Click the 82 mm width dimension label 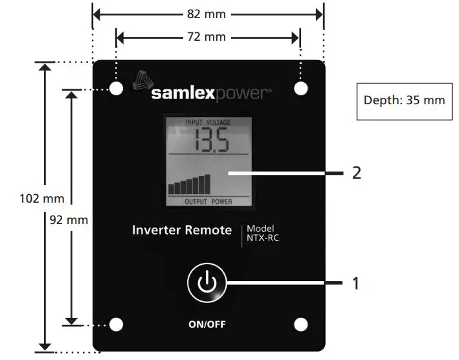208,14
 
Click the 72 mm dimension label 208,37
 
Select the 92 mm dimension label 69,219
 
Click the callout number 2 355,173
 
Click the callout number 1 355,283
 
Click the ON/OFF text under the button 208,324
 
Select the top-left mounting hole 117,89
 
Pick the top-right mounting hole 301,89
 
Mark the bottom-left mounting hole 117,324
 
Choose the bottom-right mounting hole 301,324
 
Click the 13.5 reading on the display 208,141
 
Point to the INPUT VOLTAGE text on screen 208,122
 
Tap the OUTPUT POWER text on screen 208,201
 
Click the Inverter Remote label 182,230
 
